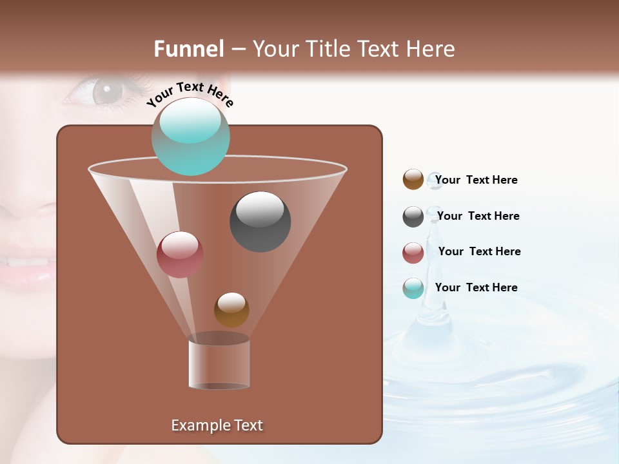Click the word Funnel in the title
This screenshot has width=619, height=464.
(x=188, y=49)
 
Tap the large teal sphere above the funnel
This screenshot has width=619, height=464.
(x=191, y=137)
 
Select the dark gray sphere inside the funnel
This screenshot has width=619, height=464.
(x=260, y=222)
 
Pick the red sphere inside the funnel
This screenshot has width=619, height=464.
(x=180, y=255)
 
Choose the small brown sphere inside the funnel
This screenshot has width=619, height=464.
(x=231, y=309)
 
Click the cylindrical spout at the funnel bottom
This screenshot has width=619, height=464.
(x=219, y=364)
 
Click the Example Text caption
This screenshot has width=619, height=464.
(x=217, y=425)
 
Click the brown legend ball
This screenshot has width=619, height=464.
(x=413, y=180)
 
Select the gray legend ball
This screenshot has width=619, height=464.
(x=413, y=217)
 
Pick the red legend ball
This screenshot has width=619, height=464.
(x=413, y=253)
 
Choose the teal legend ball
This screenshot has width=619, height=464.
(x=413, y=288)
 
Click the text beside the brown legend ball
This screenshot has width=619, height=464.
(x=476, y=180)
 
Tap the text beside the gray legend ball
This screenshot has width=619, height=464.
(x=478, y=216)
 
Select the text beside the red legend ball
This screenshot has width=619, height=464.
(x=479, y=251)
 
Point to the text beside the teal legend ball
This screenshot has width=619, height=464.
(x=476, y=287)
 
